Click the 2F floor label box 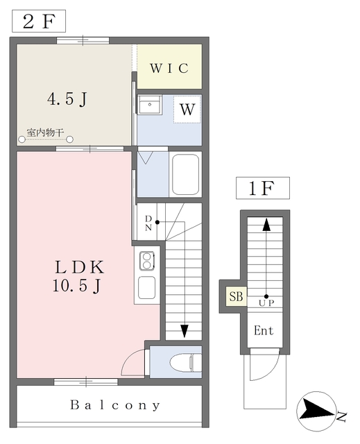39,21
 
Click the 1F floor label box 263,188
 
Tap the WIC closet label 169,68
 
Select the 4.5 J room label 67,99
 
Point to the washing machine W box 187,110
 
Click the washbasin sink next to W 150,105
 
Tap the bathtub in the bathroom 185,174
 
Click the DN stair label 148,223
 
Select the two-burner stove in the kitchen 147,261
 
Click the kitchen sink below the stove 146,288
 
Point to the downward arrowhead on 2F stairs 185,331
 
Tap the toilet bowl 186,362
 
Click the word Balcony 115,405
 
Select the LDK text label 80,267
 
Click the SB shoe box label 236,296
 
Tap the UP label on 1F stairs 266,303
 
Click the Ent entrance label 264,330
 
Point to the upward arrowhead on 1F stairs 266,224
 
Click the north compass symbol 317,411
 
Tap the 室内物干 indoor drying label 45,133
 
